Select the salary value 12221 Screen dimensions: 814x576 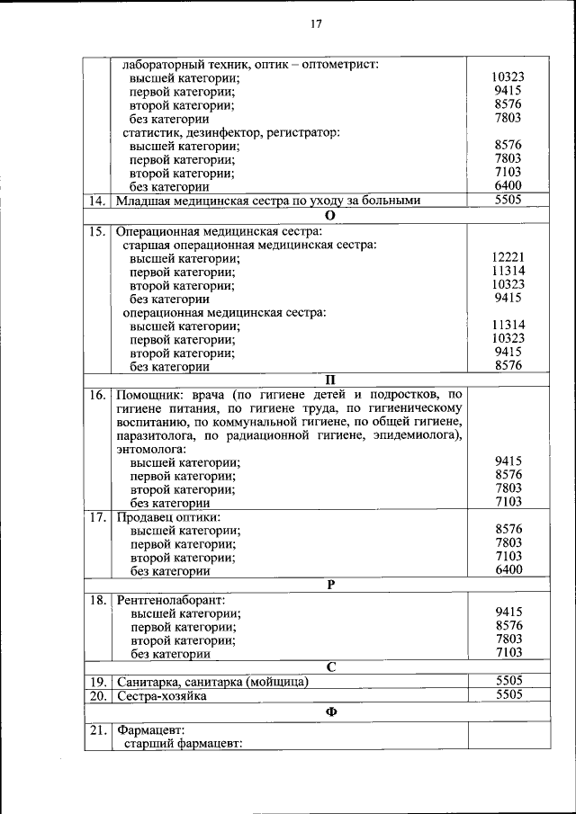509,257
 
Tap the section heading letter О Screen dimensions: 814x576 329,216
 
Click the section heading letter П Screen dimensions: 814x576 329,380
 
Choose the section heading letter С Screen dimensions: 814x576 330,666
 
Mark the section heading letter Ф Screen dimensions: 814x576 330,711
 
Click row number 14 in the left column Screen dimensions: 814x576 97,201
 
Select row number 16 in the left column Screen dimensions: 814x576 97,394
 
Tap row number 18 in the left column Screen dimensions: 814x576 97,599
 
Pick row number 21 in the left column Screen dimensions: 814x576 97,729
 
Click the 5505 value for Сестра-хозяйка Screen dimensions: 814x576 509,695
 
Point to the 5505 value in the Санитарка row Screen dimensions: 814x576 509,681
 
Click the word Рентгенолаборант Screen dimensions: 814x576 170,599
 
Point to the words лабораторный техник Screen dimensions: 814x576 179,65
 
